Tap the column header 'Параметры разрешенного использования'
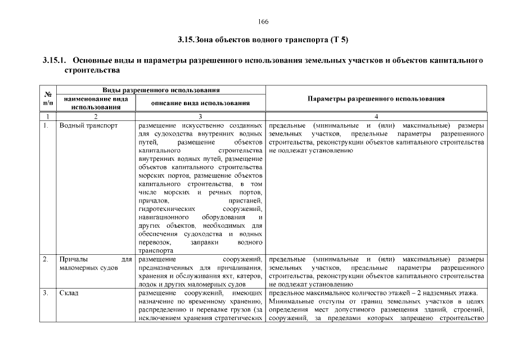tap(376, 98)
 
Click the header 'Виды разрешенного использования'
tap(160, 90)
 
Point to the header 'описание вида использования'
tap(200, 103)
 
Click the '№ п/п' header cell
tap(48, 99)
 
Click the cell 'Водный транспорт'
tap(88, 125)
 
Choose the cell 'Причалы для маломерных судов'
tap(95, 264)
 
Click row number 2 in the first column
tap(45, 260)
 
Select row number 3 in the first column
tap(45, 293)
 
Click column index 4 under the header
tap(376, 116)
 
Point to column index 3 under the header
tap(200, 116)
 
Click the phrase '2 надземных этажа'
tap(449, 293)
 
